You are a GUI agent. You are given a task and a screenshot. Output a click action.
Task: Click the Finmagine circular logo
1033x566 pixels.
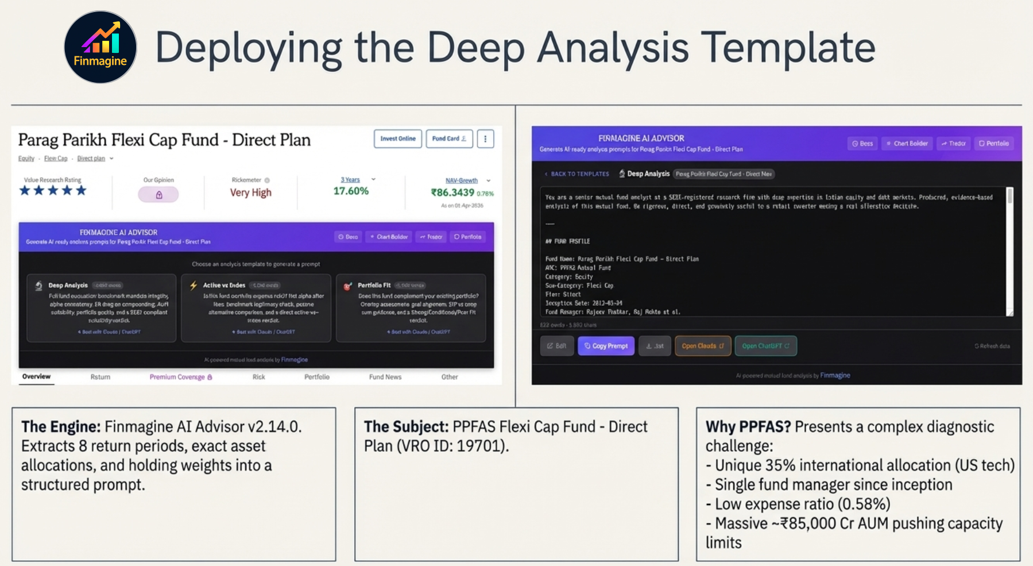click(x=100, y=47)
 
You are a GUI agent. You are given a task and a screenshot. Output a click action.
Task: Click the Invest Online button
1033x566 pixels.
click(x=398, y=138)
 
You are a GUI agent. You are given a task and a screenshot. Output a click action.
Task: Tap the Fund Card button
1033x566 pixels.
click(x=449, y=138)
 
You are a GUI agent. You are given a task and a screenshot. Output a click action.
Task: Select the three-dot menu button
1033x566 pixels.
click(x=485, y=138)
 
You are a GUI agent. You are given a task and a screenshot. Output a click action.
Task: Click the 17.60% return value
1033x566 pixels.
click(x=351, y=191)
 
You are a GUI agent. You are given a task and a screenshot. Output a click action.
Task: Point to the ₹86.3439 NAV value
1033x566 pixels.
click(x=452, y=192)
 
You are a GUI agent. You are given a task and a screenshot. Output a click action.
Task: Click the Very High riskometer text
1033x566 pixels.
click(x=250, y=192)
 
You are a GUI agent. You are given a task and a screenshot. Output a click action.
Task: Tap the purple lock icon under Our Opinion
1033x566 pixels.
click(x=158, y=195)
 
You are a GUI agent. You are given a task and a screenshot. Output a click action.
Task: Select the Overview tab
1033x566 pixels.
click(x=36, y=376)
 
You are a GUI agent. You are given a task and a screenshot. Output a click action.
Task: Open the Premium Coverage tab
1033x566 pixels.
click(x=180, y=377)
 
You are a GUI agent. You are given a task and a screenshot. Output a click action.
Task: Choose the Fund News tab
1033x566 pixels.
click(x=385, y=377)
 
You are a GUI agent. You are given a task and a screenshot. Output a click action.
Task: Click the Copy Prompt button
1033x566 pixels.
click(x=606, y=346)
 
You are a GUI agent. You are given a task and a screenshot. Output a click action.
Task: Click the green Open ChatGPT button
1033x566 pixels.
click(x=765, y=346)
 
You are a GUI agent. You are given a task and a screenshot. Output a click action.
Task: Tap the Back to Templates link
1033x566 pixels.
click(x=577, y=174)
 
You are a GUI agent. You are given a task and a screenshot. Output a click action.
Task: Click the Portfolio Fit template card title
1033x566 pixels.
click(x=374, y=285)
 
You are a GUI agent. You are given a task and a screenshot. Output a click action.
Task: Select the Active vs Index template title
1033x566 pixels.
click(x=224, y=285)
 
